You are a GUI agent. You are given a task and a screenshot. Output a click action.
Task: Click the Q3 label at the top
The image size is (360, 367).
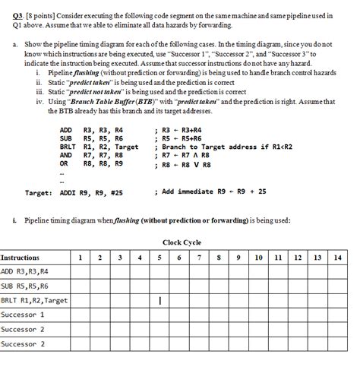tap(10, 7)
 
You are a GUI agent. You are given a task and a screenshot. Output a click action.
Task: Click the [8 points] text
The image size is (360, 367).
tap(34, 7)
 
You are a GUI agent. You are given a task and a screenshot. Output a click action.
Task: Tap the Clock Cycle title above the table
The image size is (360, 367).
tap(182, 243)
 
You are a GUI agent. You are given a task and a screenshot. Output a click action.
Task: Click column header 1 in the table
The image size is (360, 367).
tap(81, 258)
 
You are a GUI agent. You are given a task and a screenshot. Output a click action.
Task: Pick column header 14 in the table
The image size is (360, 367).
tap(338, 258)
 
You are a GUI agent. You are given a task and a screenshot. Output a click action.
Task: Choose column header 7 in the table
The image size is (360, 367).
tap(199, 258)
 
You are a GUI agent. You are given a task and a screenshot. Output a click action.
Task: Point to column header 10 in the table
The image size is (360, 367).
tap(259, 258)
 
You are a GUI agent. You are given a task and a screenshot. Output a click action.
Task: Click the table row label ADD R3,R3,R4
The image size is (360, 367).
tap(24, 271)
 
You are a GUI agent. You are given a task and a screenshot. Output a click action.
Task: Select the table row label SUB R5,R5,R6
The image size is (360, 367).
tap(24, 286)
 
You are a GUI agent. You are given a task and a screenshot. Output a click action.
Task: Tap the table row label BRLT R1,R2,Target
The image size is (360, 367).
tap(34, 300)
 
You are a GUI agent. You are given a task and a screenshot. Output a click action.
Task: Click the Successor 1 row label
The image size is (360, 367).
tap(23, 315)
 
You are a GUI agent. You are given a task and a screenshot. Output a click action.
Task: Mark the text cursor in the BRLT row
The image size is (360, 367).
tap(161, 301)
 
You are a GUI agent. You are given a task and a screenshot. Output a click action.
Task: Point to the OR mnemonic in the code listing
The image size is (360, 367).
tap(64, 163)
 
